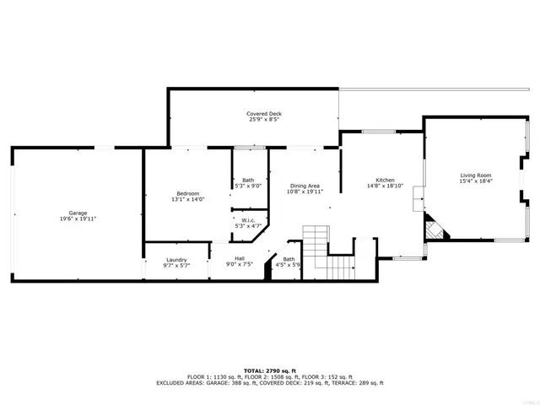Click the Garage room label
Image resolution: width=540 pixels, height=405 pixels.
coord(78,212)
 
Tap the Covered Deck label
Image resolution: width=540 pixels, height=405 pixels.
coord(264,113)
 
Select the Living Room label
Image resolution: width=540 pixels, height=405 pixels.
coord(476,174)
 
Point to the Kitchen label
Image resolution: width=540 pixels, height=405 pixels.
coord(386,180)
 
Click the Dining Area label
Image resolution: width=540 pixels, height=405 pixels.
coord(305,186)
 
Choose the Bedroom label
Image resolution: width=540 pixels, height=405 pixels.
coord(187,193)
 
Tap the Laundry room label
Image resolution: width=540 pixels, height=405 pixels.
coord(176,259)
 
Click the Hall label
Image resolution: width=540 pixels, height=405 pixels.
coord(240,259)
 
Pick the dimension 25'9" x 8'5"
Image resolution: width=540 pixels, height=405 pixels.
coord(264,120)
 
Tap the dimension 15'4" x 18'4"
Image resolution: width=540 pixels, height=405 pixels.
coord(476,181)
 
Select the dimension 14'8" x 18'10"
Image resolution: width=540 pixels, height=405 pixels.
coord(386,186)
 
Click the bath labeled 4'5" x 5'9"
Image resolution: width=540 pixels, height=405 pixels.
coord(289,262)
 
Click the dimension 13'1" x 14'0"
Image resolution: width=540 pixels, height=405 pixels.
coord(187,200)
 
